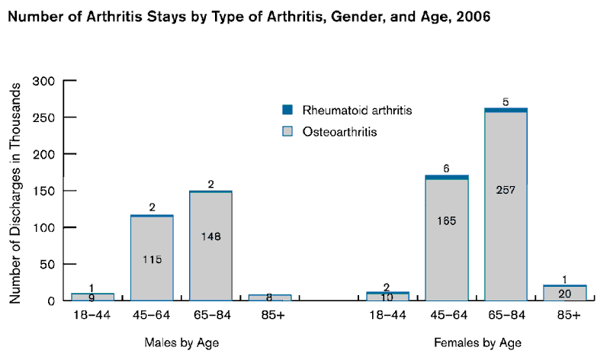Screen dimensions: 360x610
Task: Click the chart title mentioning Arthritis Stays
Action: click(x=248, y=18)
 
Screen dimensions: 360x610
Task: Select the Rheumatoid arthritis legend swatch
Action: click(x=287, y=110)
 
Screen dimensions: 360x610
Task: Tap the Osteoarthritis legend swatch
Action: click(x=287, y=131)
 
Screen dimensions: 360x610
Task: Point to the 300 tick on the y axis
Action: click(x=45, y=81)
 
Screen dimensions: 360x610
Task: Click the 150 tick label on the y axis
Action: click(x=45, y=191)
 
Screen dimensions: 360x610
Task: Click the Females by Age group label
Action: click(x=478, y=342)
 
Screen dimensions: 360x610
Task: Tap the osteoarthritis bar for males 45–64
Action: click(x=152, y=259)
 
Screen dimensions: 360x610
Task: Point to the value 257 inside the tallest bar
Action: click(x=506, y=190)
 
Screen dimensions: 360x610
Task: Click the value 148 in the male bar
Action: click(x=211, y=236)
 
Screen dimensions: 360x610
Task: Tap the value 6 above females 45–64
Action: click(x=447, y=168)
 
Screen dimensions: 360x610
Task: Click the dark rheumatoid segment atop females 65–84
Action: click(x=506, y=110)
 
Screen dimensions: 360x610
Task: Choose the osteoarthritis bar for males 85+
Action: click(x=270, y=298)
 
